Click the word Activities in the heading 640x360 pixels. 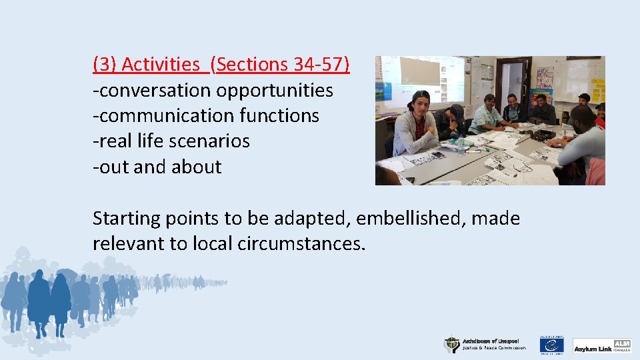(x=160, y=65)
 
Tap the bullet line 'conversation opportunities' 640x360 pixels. (x=213, y=90)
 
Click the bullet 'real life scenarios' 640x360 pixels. (x=171, y=141)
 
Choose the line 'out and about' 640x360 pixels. (x=157, y=166)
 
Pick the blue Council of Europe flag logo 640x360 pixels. (x=551, y=345)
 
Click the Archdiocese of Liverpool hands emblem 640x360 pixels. (x=452, y=344)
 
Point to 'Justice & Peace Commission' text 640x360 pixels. (x=494, y=348)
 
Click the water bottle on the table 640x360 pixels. (x=460, y=144)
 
